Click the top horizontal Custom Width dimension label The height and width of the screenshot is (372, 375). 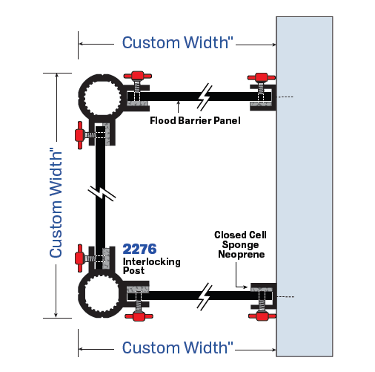(x=178, y=42)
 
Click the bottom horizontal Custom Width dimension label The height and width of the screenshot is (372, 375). (x=178, y=347)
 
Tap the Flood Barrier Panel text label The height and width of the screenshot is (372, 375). (x=195, y=120)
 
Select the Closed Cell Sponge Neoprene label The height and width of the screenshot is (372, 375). (x=240, y=244)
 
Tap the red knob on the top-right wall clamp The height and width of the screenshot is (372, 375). (x=260, y=77)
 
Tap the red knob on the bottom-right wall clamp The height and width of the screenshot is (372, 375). (x=260, y=317)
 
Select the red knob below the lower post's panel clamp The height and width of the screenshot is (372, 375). (x=136, y=317)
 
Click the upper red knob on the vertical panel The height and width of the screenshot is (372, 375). (x=79, y=135)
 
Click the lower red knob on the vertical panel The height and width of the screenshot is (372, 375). (x=79, y=258)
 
